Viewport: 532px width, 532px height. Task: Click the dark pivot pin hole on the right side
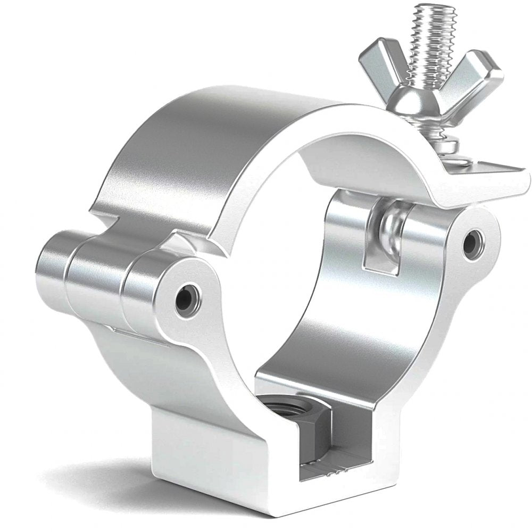[471, 243]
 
